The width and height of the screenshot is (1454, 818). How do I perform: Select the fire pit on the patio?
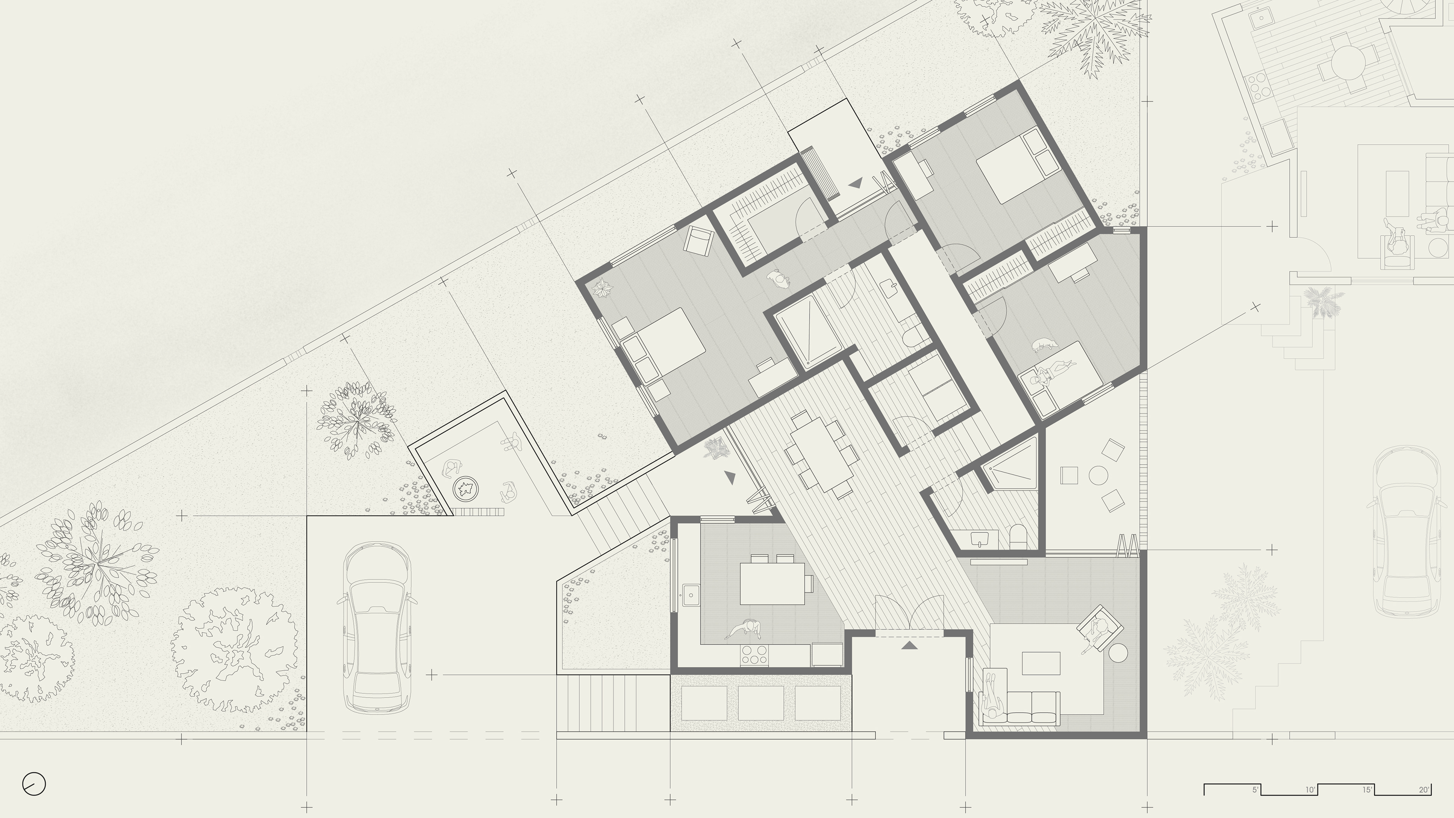466,488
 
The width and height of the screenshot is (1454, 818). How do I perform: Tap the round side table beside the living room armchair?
1118,653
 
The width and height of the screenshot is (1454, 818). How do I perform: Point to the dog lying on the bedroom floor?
1043,345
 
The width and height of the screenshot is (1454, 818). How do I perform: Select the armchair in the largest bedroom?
699,240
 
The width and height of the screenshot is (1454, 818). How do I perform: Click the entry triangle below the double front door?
909,645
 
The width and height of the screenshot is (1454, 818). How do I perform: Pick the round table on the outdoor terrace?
1098,475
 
